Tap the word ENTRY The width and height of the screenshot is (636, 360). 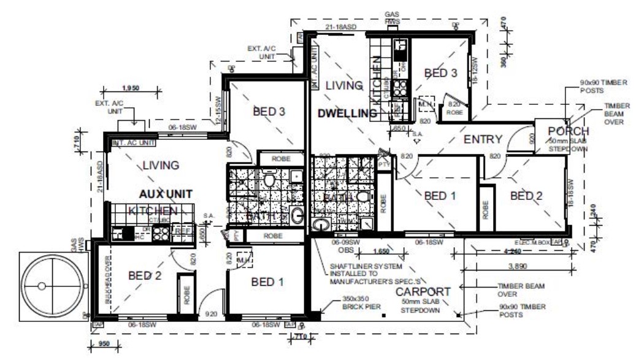pyautogui.click(x=483, y=139)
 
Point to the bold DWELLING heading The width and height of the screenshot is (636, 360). pyautogui.click(x=347, y=113)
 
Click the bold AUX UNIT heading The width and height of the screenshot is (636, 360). pyautogui.click(x=166, y=194)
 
